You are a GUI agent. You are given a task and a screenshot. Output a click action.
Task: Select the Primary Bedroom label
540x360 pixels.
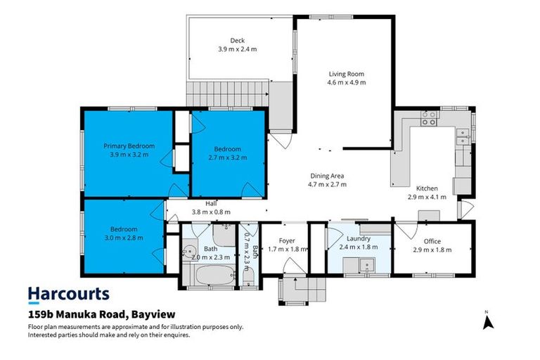coord(129,146)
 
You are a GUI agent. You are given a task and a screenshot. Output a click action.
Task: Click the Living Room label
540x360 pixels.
coord(347,73)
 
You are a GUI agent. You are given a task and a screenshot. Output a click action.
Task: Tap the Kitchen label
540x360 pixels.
coord(427,188)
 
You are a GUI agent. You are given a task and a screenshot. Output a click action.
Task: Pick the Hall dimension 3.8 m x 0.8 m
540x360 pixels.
coord(211,212)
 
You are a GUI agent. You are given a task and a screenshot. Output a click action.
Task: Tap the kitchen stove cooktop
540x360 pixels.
coord(428,120)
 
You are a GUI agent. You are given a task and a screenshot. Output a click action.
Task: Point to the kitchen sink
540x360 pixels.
coord(463,137)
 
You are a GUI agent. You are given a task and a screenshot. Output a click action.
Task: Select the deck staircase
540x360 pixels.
coord(229,92)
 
